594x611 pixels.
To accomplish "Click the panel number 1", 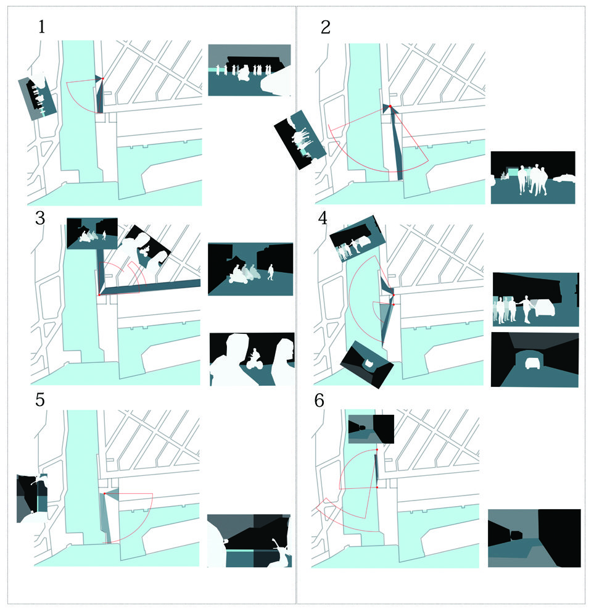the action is coord(42,27).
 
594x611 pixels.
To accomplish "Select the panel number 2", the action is coord(326,27).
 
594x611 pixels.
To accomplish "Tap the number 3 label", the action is coord(39,218).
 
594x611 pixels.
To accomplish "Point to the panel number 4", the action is coord(323,218).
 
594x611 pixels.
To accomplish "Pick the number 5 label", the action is coord(39,400).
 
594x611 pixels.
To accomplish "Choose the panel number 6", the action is coord(319,401).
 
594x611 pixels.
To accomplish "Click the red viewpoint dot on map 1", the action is coord(103,79).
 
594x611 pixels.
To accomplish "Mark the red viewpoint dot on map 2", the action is coord(390,106).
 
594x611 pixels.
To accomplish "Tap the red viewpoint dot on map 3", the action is coord(99,295).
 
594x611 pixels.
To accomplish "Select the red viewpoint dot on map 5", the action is coord(104,494).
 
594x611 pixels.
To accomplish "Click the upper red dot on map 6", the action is coord(377,450).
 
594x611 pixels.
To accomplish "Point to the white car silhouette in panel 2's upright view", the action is coord(564,178).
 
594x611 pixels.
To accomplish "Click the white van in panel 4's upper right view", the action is coord(545,308).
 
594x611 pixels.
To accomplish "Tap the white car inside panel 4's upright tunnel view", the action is coord(532,363).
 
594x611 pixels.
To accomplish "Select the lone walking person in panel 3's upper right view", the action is coord(271,272).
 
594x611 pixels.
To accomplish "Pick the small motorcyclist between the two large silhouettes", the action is coord(254,359).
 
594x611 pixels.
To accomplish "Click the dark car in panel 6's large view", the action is coord(516,534).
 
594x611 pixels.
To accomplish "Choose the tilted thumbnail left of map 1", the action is coord(38,97).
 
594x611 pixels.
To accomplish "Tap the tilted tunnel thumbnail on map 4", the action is coord(367,365).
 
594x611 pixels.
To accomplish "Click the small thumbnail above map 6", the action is coord(371,429).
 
